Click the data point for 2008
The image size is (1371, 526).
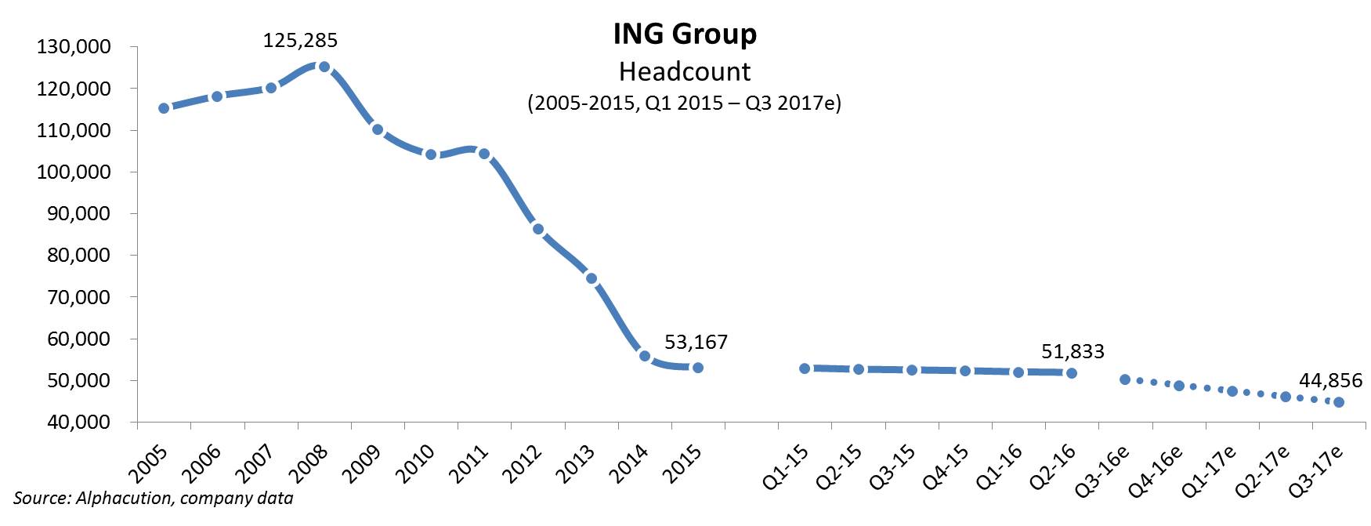pyautogui.click(x=324, y=67)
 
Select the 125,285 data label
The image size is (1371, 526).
pyautogui.click(x=300, y=40)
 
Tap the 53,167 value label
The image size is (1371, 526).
pyautogui.click(x=696, y=343)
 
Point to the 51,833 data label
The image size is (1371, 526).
pyautogui.click(x=1073, y=352)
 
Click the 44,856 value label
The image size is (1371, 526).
pyautogui.click(x=1330, y=381)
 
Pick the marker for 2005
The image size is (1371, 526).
pyautogui.click(x=164, y=108)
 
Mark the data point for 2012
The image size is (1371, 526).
pyautogui.click(x=537, y=229)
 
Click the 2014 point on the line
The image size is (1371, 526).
pyautogui.click(x=645, y=356)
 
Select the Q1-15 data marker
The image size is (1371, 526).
pyautogui.click(x=805, y=368)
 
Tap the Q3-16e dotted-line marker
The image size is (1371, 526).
pyautogui.click(x=1125, y=379)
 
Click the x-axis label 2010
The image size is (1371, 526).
pyautogui.click(x=416, y=463)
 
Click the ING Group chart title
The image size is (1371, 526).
pyautogui.click(x=685, y=34)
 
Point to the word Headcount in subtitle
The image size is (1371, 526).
pyautogui.click(x=685, y=71)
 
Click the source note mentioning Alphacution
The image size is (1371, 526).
pyautogui.click(x=153, y=499)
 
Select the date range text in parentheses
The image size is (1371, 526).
pyautogui.click(x=684, y=103)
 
